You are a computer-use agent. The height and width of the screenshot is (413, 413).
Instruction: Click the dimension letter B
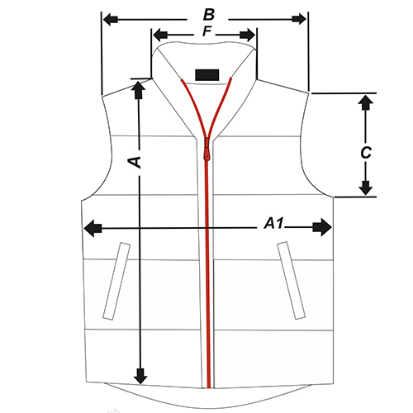tap(209, 15)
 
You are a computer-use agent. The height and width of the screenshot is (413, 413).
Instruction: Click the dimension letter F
tap(207, 31)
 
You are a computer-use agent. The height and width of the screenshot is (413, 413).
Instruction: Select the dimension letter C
tap(366, 153)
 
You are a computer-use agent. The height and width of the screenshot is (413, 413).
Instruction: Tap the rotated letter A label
tap(135, 163)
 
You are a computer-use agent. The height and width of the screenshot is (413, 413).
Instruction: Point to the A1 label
tap(273, 223)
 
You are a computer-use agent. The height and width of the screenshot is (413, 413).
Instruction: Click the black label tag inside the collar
tap(207, 75)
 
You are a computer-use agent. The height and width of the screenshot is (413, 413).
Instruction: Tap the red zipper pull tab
tap(206, 150)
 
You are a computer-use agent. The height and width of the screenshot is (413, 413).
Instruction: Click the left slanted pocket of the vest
tap(116, 281)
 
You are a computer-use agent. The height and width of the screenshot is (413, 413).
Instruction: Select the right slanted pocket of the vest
tap(291, 280)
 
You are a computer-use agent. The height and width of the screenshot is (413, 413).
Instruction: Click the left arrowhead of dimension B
tap(111, 20)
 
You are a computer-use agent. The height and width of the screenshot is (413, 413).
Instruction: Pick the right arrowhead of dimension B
tap(299, 19)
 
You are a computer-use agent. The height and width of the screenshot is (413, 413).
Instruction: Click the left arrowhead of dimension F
tap(160, 36)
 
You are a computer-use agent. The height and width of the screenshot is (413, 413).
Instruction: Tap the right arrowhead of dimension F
tap(248, 35)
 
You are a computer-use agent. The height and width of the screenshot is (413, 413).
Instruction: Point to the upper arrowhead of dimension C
tap(366, 102)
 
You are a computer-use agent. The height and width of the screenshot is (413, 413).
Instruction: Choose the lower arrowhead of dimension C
tap(366, 188)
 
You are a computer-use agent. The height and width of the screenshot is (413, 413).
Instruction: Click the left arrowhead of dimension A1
tap(93, 228)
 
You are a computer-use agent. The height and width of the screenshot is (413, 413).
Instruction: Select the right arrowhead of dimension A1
tap(322, 227)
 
